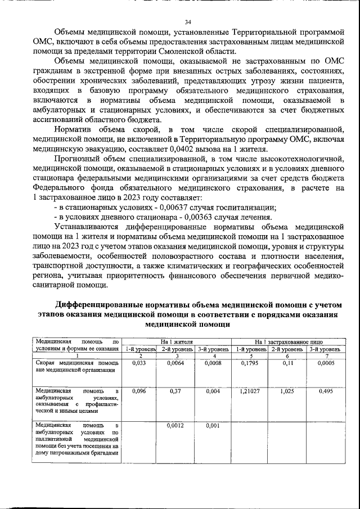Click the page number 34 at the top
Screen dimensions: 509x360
188,22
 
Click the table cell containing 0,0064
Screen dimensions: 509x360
177,363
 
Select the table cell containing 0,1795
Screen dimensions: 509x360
250,363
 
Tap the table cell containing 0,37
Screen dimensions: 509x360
177,391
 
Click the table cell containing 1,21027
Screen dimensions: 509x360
250,391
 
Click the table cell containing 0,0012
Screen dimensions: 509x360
177,426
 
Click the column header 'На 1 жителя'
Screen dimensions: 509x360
177,341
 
